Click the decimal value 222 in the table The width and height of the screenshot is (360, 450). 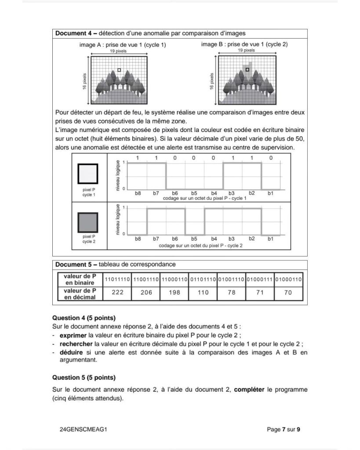pos(117,293)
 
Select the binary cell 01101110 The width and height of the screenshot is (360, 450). pos(203,279)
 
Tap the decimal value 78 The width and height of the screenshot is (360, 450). pos(232,293)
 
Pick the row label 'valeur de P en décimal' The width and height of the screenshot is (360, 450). pos(80,293)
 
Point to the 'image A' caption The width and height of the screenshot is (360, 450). pos(123,44)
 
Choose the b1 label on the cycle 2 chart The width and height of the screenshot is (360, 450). pos(270,239)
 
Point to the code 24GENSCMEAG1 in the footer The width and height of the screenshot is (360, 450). pos(83,429)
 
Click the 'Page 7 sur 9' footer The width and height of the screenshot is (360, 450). pos(284,429)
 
